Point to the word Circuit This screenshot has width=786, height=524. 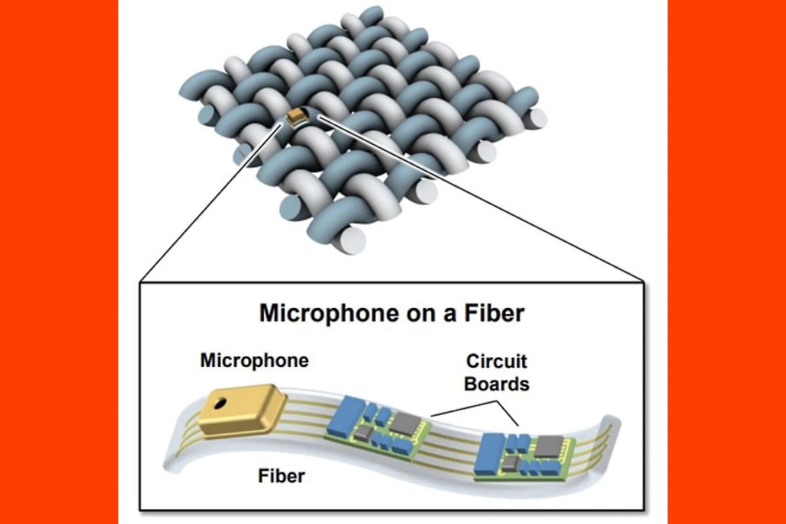click(x=496, y=362)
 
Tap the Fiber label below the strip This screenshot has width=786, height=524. click(x=281, y=475)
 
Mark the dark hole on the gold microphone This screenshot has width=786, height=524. click(x=223, y=402)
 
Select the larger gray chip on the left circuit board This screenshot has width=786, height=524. click(x=403, y=424)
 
